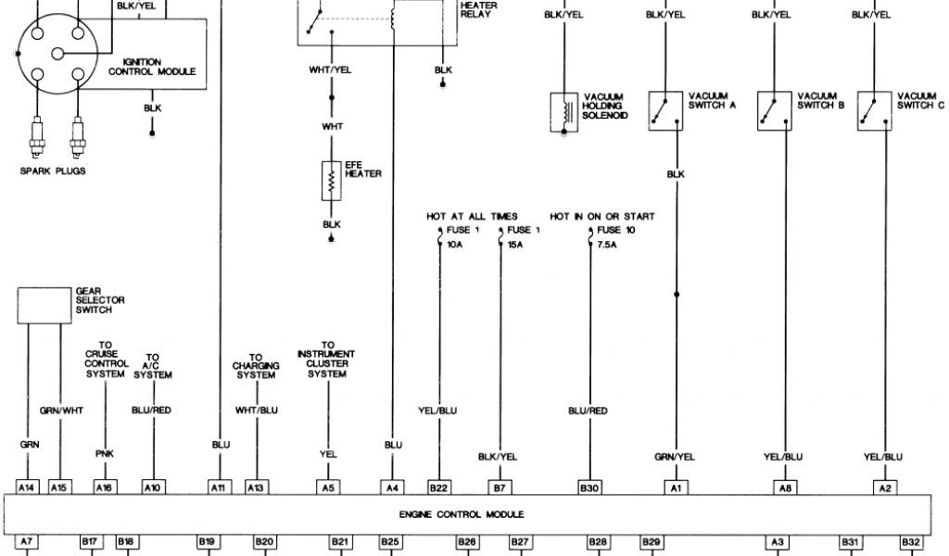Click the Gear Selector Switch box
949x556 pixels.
tap(44, 305)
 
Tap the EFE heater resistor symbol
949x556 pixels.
tap(331, 180)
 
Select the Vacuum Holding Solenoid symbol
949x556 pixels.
tap(563, 111)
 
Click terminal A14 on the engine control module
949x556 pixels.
tap(28, 486)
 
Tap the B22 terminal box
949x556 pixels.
tap(438, 486)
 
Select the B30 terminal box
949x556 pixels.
tap(588, 486)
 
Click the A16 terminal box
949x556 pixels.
tap(106, 486)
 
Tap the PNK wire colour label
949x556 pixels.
tap(105, 455)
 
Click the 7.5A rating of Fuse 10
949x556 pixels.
tap(608, 246)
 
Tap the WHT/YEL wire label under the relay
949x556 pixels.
tap(331, 70)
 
